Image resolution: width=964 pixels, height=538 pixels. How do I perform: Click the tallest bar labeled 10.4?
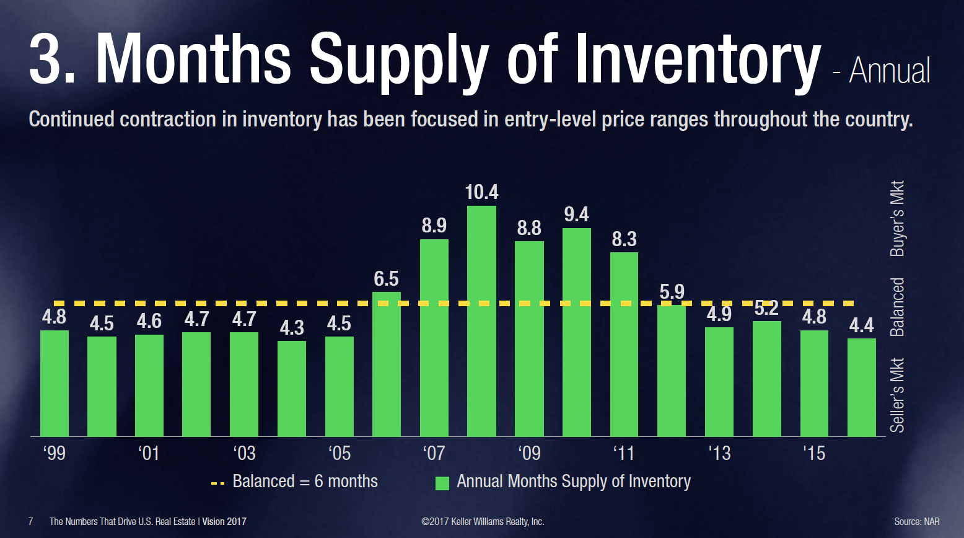pos(481,321)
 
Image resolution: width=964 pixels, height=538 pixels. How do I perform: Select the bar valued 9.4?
pos(576,332)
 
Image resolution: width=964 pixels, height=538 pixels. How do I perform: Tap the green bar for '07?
pos(434,338)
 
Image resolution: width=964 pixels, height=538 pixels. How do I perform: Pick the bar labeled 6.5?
pos(386,364)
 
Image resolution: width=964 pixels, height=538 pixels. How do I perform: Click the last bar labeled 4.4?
pos(861,387)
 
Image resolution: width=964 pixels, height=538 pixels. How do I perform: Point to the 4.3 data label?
pos(291,327)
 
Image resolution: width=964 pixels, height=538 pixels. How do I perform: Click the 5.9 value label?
pos(672,291)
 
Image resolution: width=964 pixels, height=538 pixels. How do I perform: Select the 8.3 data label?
pos(624,239)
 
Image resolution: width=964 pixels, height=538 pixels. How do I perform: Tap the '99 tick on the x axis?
pos(54,453)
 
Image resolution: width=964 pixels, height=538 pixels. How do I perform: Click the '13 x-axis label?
pos(719,453)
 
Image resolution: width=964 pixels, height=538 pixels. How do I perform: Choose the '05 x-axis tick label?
pos(339,453)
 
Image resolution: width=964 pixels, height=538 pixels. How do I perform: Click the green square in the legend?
pos(442,483)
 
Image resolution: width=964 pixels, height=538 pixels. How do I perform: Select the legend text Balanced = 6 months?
pos(305,482)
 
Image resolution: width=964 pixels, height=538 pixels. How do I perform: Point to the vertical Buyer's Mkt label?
pos(897,218)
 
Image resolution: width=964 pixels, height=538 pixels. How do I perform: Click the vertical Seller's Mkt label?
pos(897,395)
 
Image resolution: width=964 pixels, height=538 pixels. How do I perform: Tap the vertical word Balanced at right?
pos(897,307)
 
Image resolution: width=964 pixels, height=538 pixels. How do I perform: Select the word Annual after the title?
pos(889,71)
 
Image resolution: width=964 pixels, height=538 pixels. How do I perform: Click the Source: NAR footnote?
pos(916,522)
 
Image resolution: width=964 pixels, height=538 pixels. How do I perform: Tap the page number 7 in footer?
pos(31,522)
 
